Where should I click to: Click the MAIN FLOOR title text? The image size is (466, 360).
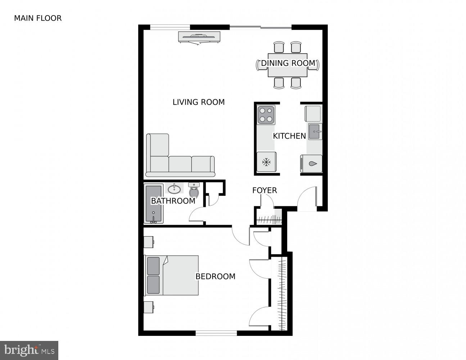[x=38, y=18]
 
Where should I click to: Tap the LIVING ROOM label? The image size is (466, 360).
[x=199, y=102]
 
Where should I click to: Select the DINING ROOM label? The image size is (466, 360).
[x=288, y=63]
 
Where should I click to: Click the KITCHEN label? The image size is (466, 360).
[x=289, y=136]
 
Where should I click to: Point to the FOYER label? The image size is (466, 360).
[x=264, y=190]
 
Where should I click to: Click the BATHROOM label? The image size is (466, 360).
[x=173, y=201]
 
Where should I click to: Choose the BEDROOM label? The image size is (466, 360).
[x=215, y=276]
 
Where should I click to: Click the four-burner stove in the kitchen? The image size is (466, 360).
[x=266, y=115]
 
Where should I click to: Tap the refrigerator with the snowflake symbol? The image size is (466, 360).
[x=266, y=162]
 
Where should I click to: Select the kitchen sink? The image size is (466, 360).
[x=315, y=132]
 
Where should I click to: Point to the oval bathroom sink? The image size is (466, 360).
[x=175, y=189]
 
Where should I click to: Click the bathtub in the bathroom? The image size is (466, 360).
[x=154, y=204]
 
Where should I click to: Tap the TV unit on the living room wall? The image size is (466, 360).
[x=199, y=37]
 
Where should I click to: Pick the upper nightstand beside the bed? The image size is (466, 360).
[x=149, y=242]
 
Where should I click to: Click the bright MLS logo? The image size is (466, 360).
[x=29, y=350]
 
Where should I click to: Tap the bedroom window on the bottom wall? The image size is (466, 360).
[x=216, y=333]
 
